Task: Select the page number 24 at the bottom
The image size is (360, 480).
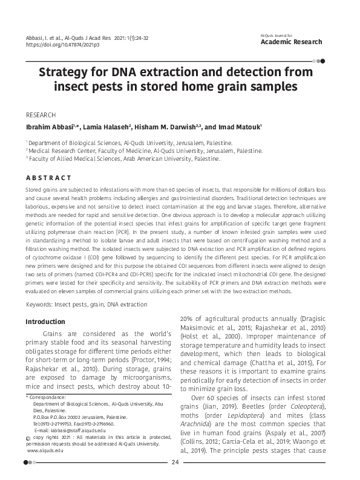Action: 175,463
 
